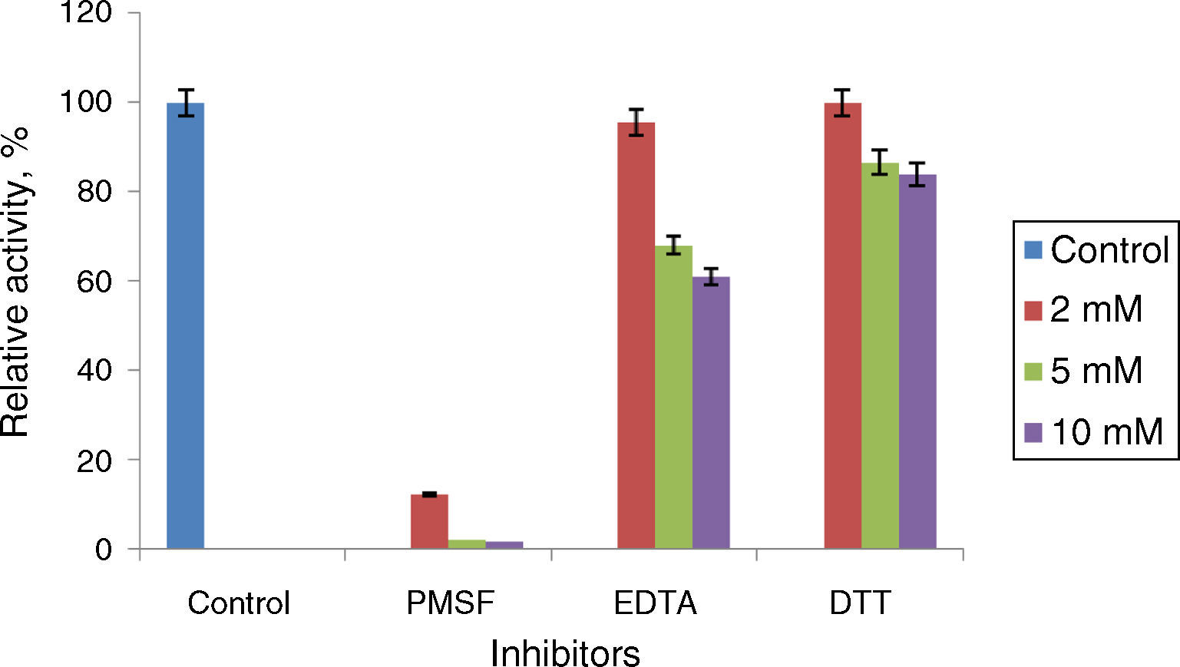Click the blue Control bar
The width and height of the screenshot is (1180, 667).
point(185,325)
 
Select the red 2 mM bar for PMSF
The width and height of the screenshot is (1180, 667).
point(429,521)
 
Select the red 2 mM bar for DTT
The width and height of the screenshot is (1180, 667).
point(842,325)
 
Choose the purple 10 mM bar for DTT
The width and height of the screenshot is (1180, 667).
point(917,362)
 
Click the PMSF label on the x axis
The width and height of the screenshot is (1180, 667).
point(450,603)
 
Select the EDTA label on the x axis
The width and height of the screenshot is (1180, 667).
point(655,603)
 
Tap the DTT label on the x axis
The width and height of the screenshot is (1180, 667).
point(860,603)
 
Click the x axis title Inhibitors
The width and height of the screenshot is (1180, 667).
point(565,653)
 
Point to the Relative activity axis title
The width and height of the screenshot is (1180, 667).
point(17,281)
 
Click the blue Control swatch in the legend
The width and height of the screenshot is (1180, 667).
point(1033,249)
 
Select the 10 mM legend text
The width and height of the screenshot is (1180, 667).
point(1106,432)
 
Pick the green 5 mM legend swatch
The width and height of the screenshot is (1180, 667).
point(1033,371)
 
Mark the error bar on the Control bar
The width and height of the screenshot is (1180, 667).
point(185,102)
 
